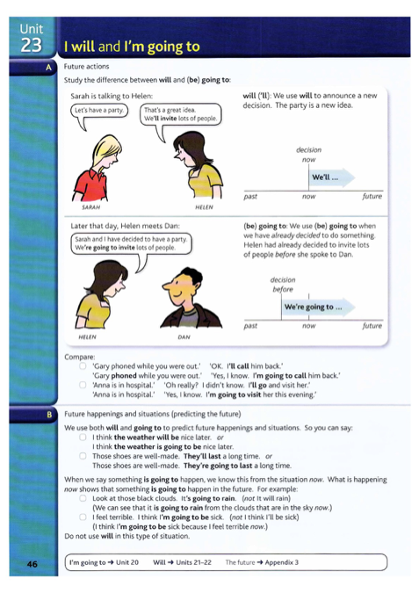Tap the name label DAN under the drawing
(184, 336)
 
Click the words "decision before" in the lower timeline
(283, 284)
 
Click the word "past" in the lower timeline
(250, 325)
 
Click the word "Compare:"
(80, 357)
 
